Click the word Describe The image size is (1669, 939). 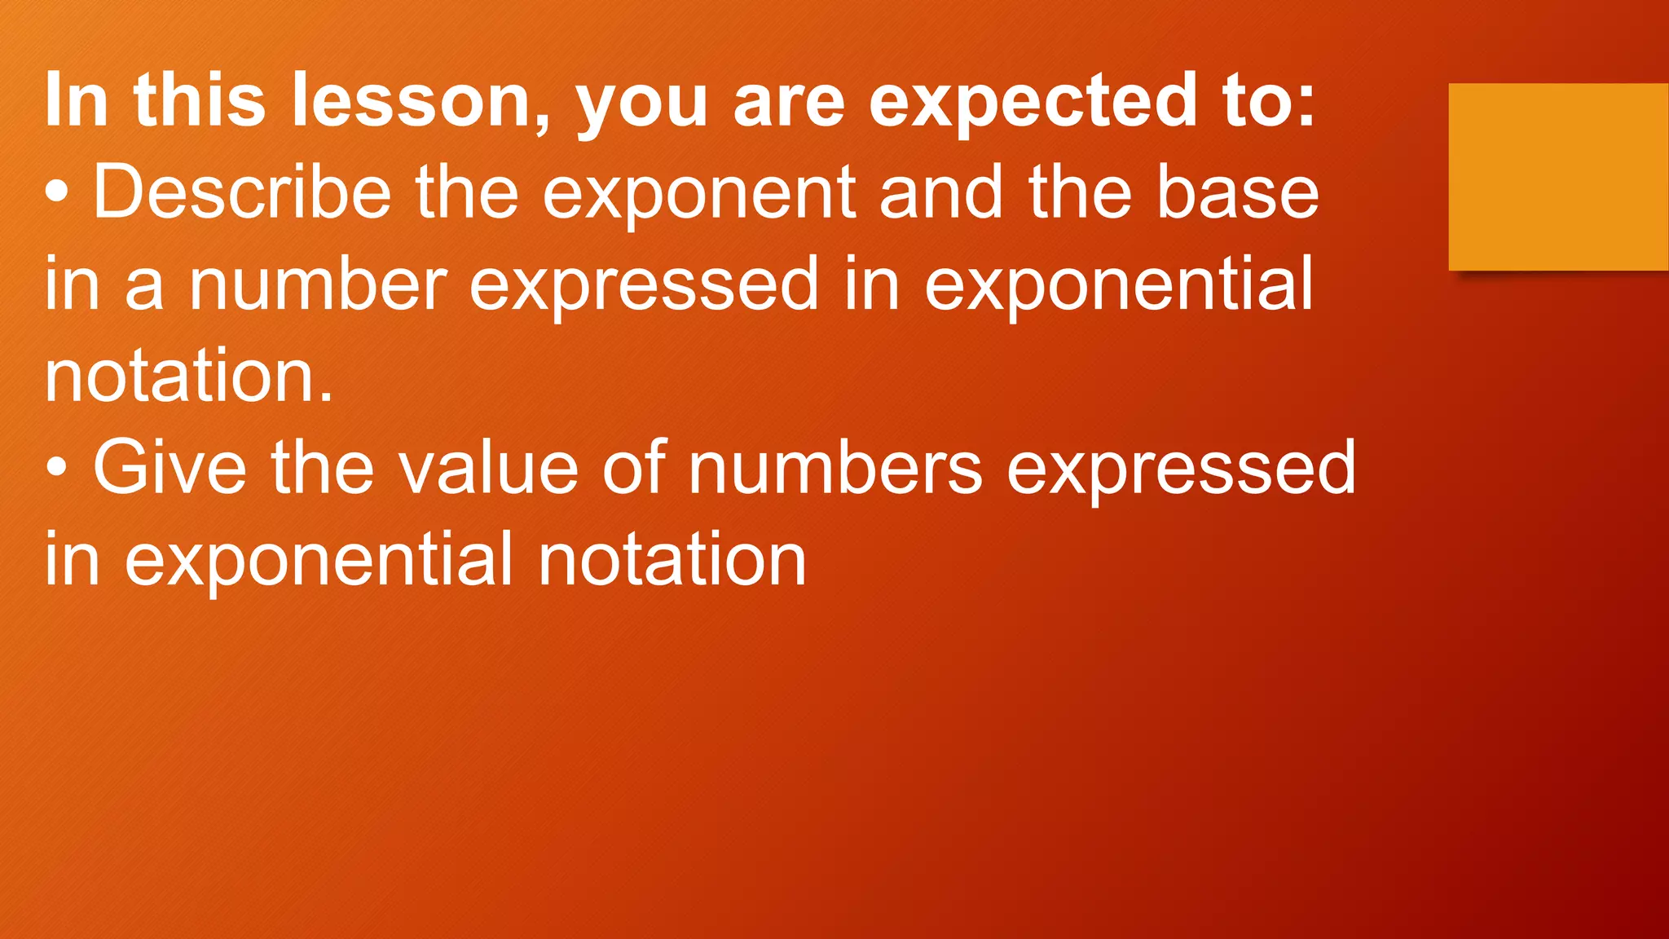click(242, 192)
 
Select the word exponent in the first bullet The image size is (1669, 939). click(698, 192)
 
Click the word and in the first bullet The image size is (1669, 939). click(941, 192)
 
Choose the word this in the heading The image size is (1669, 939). click(200, 100)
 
